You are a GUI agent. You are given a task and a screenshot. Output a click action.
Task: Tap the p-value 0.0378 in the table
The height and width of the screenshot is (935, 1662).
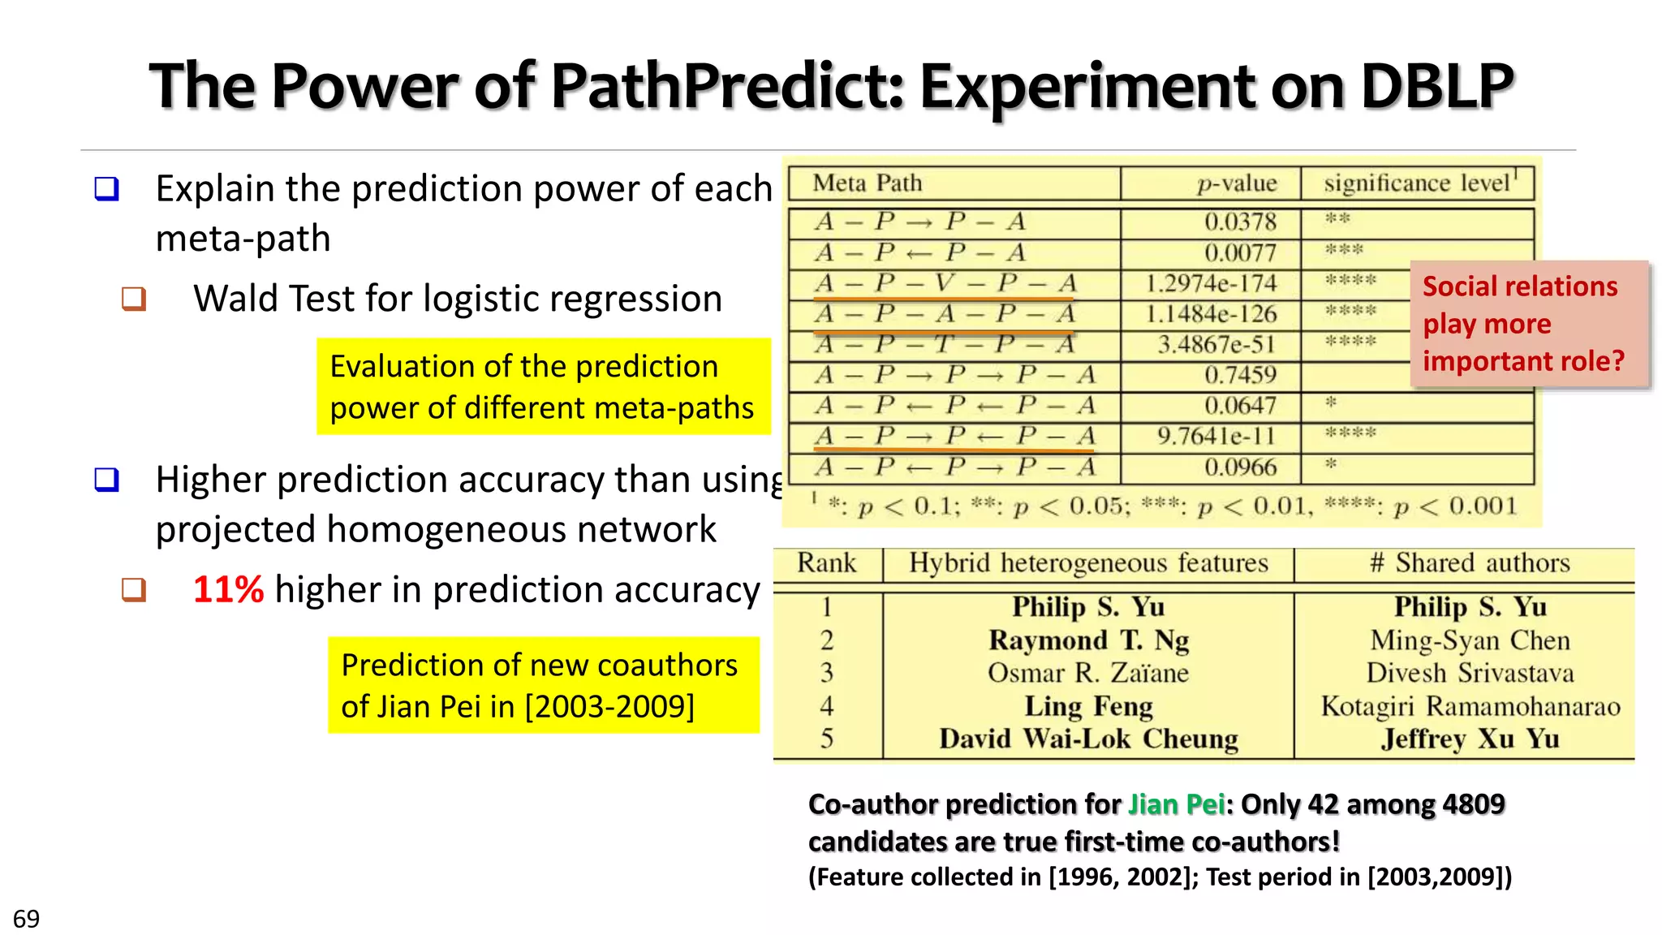(x=1240, y=222)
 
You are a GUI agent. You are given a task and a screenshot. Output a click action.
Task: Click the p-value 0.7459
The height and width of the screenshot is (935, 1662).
(x=1240, y=375)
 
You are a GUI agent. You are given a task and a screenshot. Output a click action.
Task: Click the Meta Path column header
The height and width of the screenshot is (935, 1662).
(x=868, y=183)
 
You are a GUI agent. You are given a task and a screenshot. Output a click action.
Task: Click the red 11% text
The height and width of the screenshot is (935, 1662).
(x=228, y=589)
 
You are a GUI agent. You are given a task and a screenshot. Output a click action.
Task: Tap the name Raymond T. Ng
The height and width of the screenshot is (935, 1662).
(x=1088, y=640)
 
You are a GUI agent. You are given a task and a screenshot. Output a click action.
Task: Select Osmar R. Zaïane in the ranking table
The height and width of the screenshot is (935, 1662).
(x=1088, y=673)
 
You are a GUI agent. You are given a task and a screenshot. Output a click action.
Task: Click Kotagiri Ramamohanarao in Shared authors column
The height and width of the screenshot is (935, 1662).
(x=1470, y=706)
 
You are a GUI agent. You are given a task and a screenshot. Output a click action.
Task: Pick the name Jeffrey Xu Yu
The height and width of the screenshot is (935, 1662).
(x=1470, y=739)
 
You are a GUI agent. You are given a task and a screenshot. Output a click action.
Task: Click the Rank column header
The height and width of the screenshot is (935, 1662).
(x=826, y=563)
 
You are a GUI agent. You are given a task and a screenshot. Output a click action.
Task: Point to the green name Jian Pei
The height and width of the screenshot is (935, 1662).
(x=1176, y=804)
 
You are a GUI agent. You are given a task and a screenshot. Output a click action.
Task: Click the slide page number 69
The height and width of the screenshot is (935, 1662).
(x=26, y=919)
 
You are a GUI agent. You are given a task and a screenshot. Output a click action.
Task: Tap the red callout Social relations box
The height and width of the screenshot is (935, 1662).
(x=1529, y=324)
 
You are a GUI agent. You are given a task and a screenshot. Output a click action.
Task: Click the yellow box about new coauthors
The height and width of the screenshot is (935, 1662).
(x=543, y=685)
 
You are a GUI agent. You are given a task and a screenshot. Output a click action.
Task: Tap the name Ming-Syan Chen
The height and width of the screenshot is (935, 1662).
(x=1470, y=640)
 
